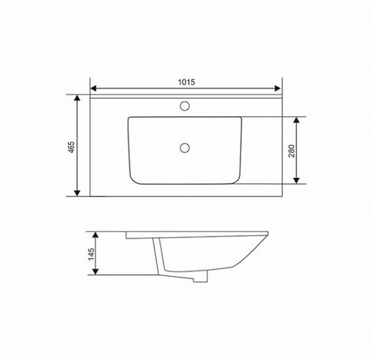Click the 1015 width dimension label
tap(187, 82)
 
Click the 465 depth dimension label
tap(71, 147)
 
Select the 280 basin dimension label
tap(291, 151)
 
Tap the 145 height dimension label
tap(91, 254)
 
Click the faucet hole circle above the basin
tap(185, 106)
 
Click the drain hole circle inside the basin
tap(185, 148)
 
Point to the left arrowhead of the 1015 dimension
tap(93, 88)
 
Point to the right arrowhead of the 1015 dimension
tap(278, 88)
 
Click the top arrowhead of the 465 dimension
tap(77, 98)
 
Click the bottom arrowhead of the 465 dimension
tap(77, 193)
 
